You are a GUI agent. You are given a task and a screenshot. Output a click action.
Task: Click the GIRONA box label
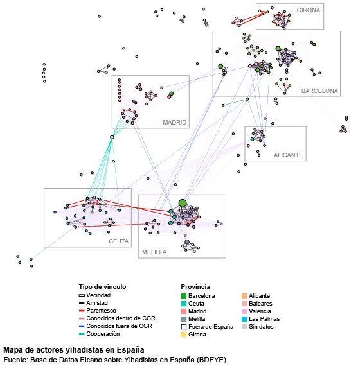[308, 10]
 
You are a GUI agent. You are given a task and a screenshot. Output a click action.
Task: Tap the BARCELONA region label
[319, 91]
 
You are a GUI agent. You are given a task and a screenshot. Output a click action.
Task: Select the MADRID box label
[175, 122]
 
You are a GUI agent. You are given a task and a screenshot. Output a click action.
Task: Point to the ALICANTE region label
[288, 155]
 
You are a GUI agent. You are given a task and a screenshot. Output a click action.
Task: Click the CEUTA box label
[119, 241]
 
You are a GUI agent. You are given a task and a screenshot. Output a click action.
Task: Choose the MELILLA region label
[154, 252]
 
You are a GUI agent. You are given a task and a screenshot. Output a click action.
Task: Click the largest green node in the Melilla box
[183, 203]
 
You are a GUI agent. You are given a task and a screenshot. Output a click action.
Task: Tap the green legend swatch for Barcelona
[184, 296]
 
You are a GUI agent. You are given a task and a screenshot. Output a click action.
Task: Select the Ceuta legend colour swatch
[184, 304]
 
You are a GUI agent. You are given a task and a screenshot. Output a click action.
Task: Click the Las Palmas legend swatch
[244, 319]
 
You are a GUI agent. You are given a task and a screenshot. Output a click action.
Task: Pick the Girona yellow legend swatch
[184, 335]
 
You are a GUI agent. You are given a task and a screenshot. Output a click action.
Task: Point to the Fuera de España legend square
[184, 327]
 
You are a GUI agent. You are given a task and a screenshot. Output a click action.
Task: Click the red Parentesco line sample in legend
[82, 311]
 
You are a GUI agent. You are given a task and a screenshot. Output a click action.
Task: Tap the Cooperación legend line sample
[82, 334]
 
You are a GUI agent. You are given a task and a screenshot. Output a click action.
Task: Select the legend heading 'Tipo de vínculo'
[102, 287]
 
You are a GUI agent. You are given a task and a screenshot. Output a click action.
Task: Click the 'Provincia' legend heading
[195, 287]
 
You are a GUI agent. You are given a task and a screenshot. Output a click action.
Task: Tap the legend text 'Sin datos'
[261, 327]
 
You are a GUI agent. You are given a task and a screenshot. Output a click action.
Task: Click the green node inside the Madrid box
[172, 94]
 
